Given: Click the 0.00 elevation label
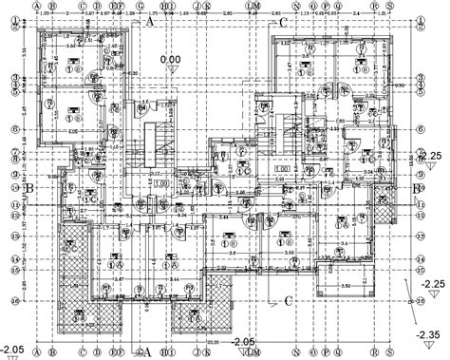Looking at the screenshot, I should click(172, 60).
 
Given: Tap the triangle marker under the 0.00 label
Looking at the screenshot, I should click(172, 69).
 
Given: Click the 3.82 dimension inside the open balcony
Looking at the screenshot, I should click(347, 285).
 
